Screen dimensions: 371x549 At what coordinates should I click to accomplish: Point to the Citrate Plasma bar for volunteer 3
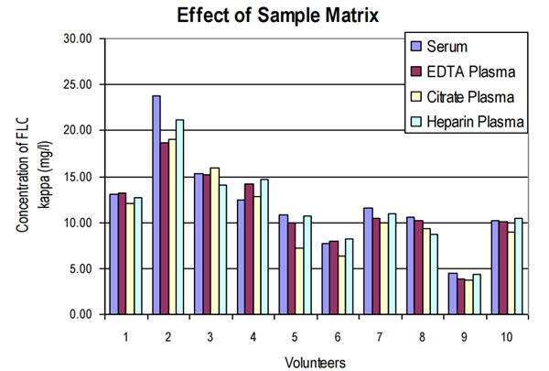click(x=215, y=240)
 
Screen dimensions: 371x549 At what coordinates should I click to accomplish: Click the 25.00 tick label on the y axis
click(x=76, y=84)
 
